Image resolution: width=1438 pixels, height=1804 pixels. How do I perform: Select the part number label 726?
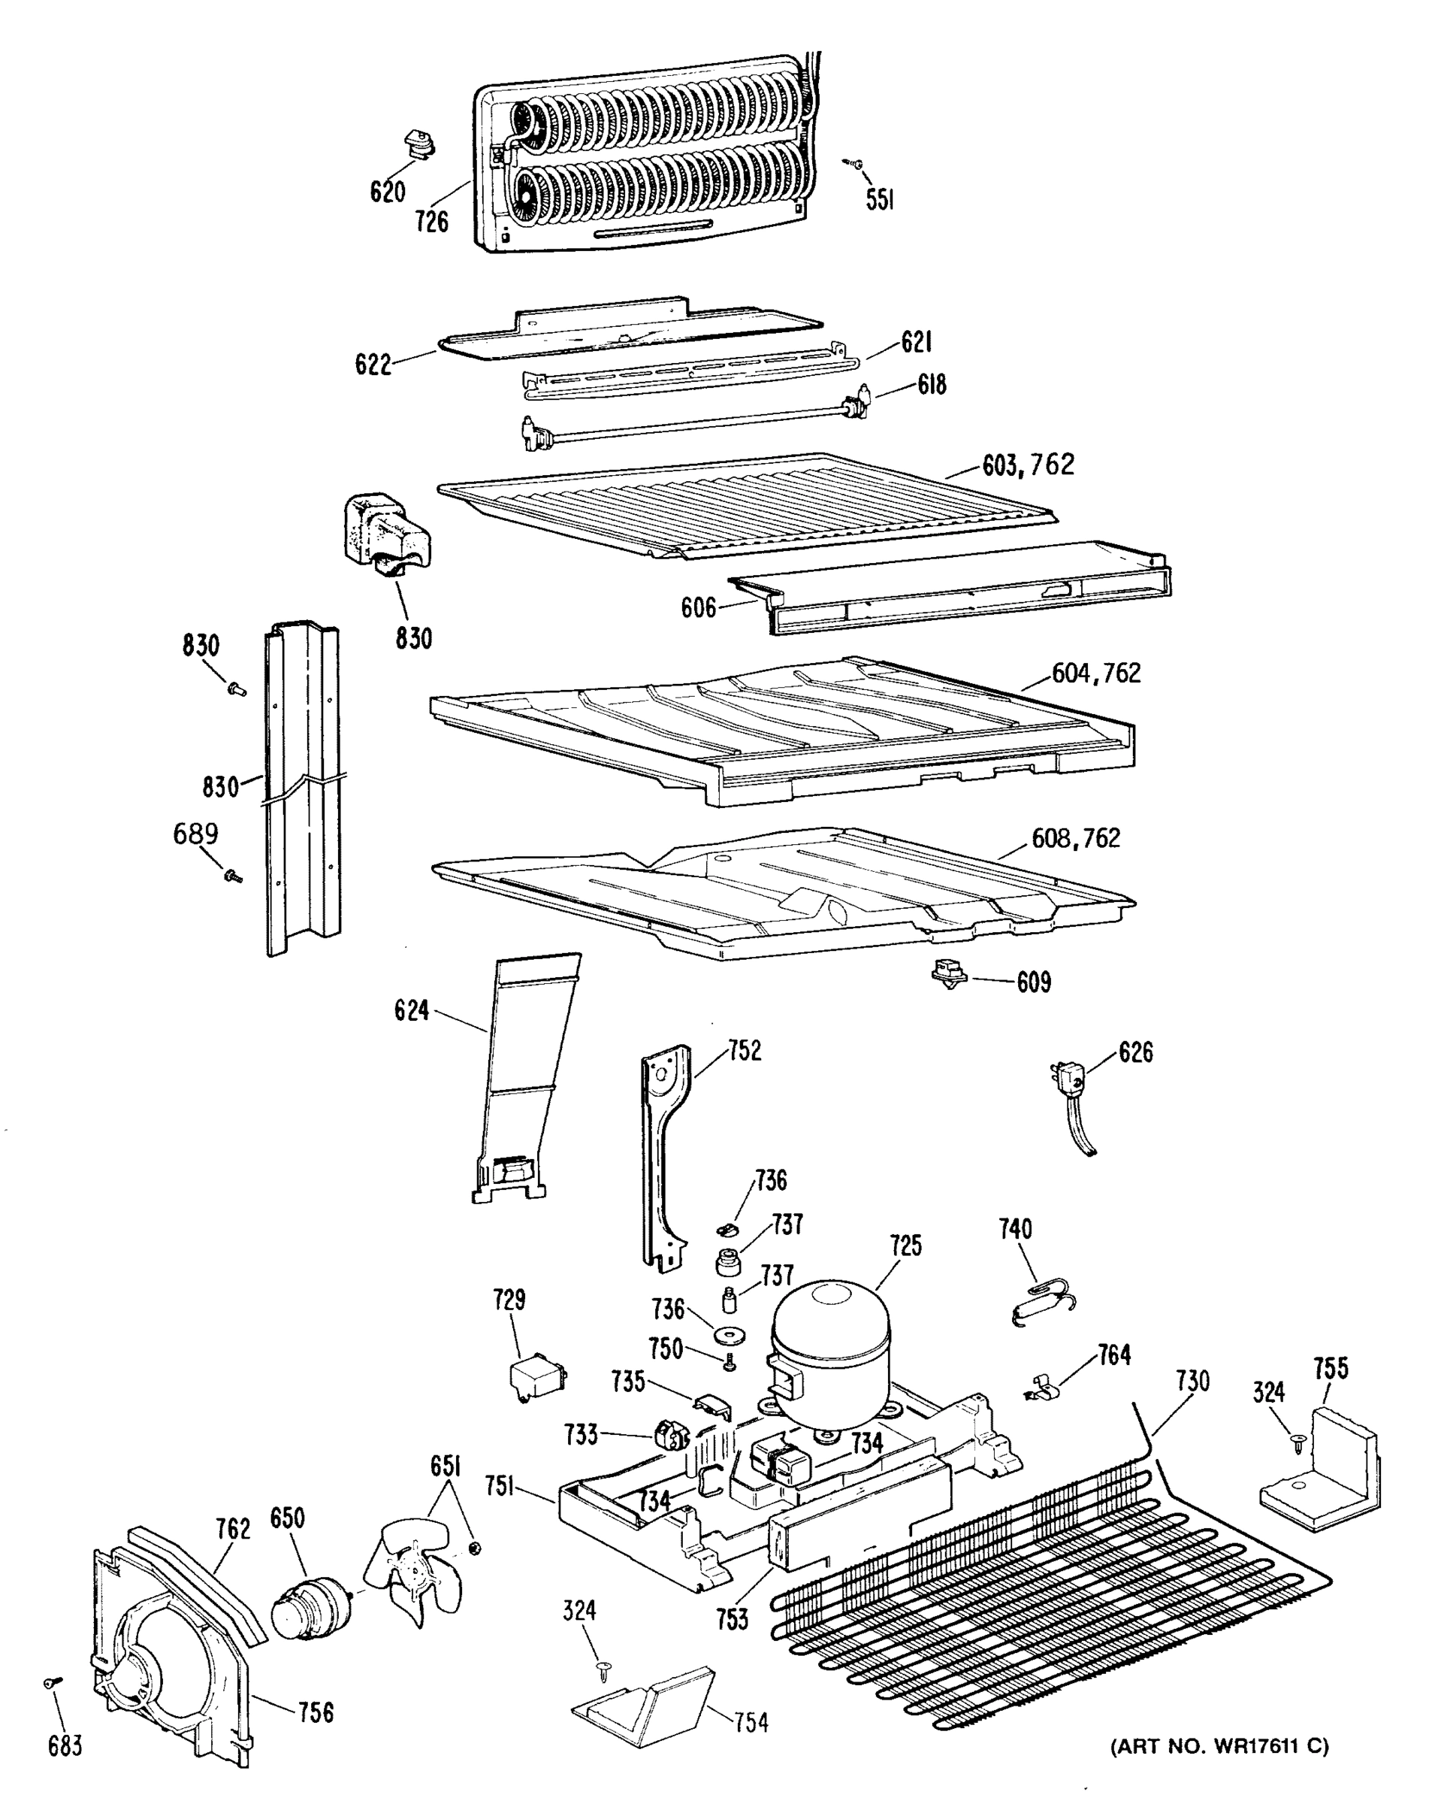[x=432, y=222]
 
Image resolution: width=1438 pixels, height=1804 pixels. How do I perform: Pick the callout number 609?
[x=1034, y=982]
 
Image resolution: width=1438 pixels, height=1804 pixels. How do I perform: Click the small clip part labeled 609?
[x=948, y=974]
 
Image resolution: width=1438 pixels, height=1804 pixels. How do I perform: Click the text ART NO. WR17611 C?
[x=1219, y=1746]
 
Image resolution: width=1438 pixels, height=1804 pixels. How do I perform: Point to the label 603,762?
[x=1028, y=465]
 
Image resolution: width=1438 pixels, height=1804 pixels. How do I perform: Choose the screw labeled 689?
[x=231, y=876]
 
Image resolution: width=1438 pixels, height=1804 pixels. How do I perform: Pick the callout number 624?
[x=412, y=1011]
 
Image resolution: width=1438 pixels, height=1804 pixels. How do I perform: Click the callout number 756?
[x=316, y=1713]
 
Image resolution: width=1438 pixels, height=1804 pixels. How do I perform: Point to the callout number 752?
[x=745, y=1051]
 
